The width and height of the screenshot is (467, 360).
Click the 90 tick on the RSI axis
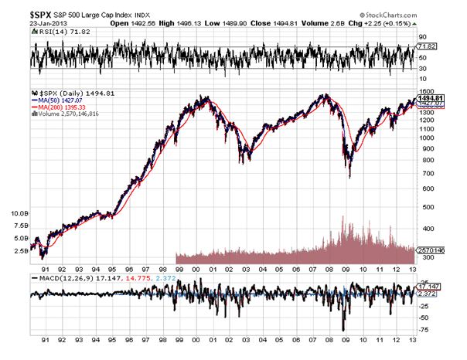(423, 36)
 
